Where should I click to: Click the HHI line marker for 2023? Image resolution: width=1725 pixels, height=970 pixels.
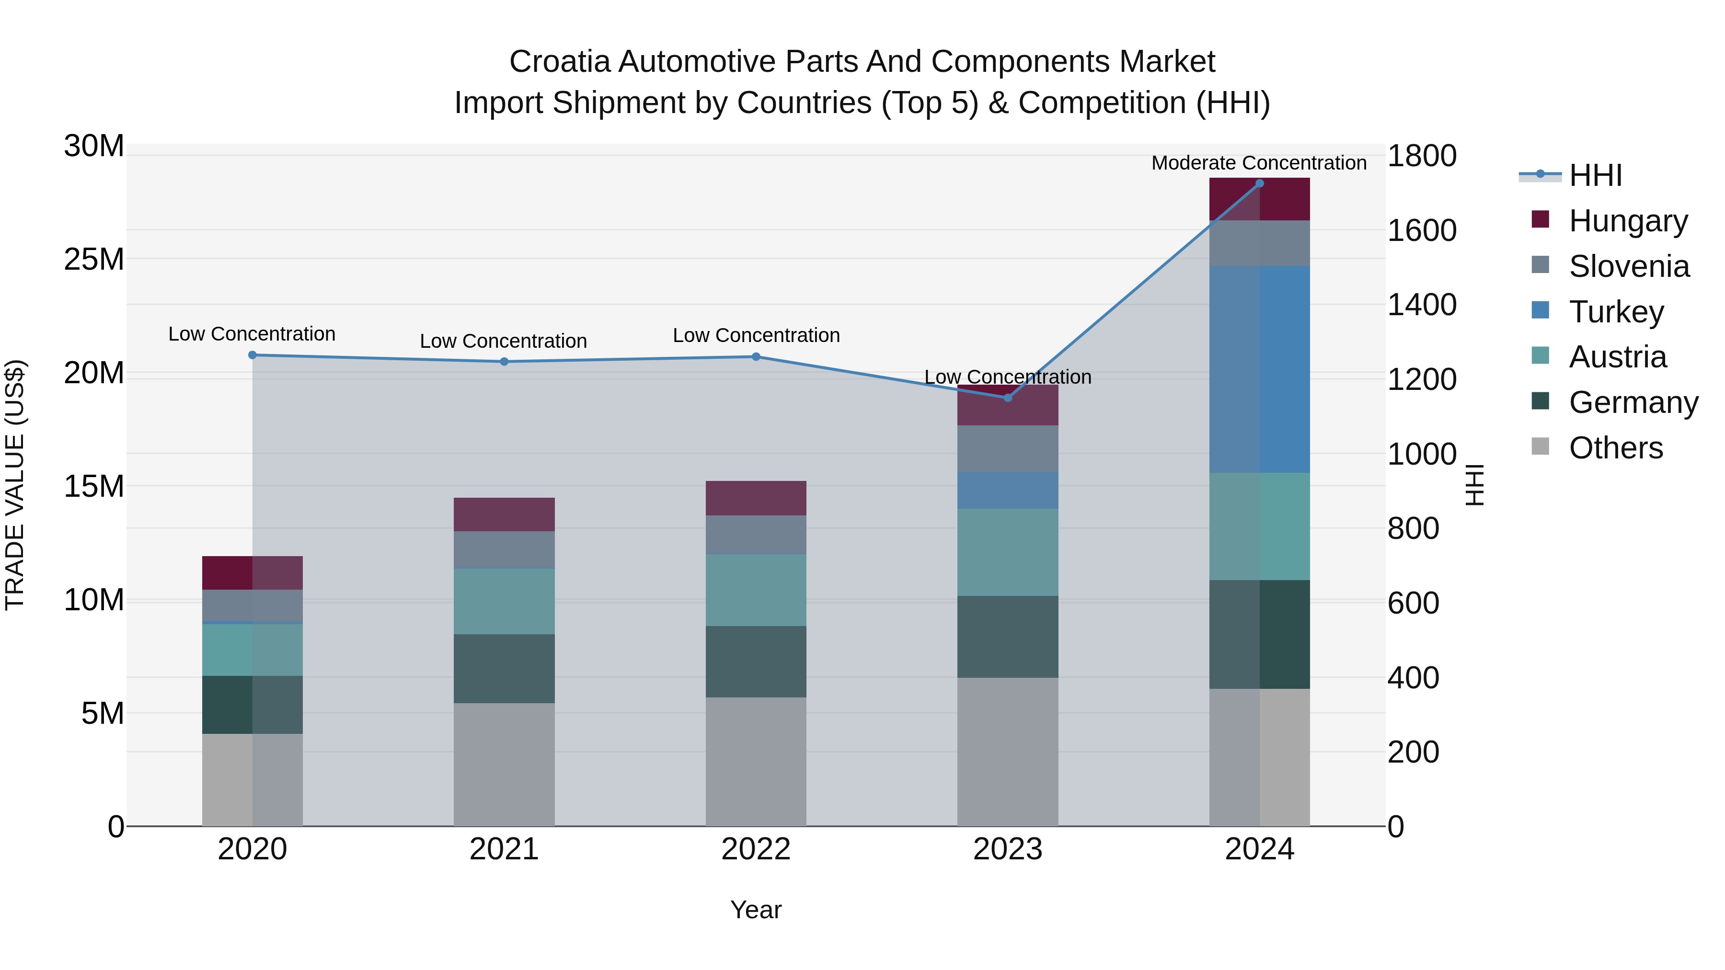coord(1007,398)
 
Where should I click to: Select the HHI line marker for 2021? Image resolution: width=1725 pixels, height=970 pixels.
coord(504,362)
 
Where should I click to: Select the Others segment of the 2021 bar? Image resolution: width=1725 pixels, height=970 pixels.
coord(504,764)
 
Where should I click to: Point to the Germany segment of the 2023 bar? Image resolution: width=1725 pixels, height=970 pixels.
coord(1007,637)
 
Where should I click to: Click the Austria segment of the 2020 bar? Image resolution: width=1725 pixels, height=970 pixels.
coord(253,650)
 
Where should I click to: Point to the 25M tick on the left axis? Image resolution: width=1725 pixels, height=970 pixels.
coord(94,259)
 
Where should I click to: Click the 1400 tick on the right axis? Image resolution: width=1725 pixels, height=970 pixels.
coord(1421,305)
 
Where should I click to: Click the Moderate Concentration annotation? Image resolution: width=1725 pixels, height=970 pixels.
coord(1258,163)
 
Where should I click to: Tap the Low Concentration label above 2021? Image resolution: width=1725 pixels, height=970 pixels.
coord(503,341)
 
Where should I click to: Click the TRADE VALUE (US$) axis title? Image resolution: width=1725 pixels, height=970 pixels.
coord(15,485)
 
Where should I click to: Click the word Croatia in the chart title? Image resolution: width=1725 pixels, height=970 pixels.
coord(559,62)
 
